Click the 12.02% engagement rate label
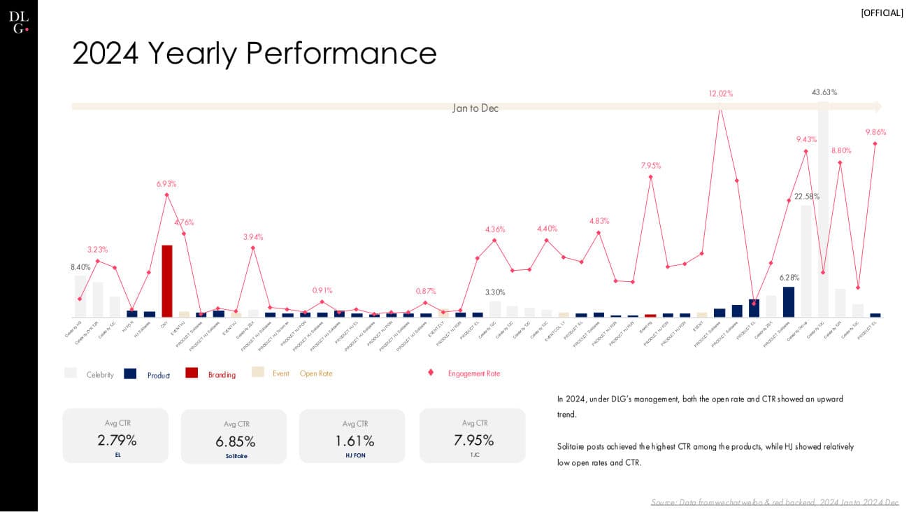point(720,93)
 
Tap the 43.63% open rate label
point(824,92)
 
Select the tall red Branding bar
point(166,280)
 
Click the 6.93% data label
point(166,184)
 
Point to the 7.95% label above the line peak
point(650,166)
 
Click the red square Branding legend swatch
point(192,373)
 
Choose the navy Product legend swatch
point(130,374)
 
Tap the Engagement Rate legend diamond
point(431,373)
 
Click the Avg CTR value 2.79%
point(116,441)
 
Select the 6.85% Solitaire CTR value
point(235,442)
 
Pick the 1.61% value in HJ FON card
point(355,441)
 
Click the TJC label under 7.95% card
point(474,455)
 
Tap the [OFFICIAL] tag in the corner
point(882,13)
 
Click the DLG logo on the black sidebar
point(19,22)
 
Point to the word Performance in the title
point(341,53)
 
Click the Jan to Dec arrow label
point(475,108)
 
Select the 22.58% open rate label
point(806,197)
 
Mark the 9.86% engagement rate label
point(875,132)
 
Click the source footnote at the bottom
point(774,502)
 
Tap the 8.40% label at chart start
point(80,267)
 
